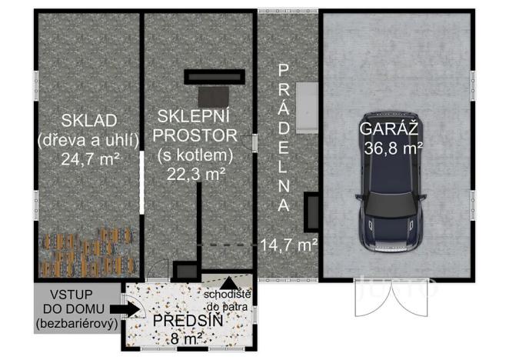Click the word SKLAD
(88, 120)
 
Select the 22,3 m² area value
(195, 173)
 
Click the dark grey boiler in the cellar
(211, 96)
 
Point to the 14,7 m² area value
(289, 245)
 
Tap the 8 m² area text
(185, 337)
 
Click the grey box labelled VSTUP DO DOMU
(77, 308)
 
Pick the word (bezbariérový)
(76, 324)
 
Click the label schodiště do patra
(228, 298)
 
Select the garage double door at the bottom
(394, 296)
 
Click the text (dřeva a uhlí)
(88, 140)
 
